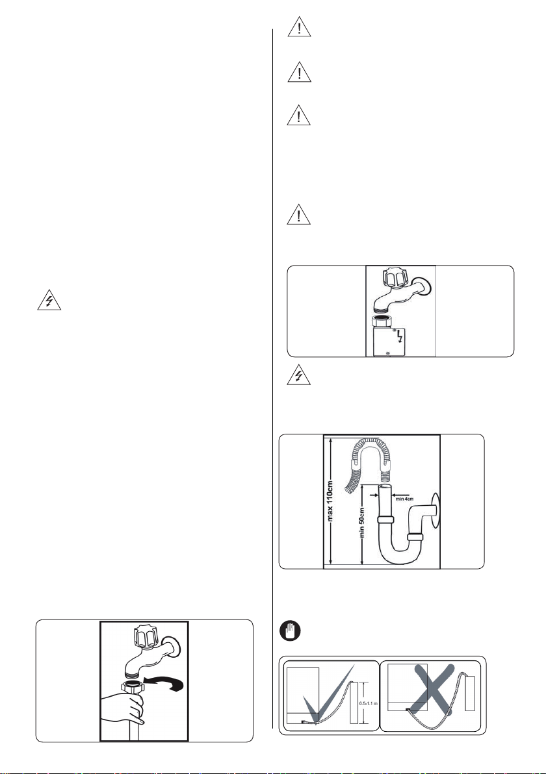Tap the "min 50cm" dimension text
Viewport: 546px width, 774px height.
pos(362,523)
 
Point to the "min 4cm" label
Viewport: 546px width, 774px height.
pos(404,499)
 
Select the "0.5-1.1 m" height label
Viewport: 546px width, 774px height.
pos(368,703)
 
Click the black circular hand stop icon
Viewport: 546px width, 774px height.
pos(289,631)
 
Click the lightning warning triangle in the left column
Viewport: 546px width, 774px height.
pos(49,301)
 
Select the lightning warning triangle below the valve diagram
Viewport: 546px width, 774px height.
pos(299,376)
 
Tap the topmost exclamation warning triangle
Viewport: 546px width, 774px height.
pos(300,26)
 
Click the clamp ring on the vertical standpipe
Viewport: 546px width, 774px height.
pos(386,519)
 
